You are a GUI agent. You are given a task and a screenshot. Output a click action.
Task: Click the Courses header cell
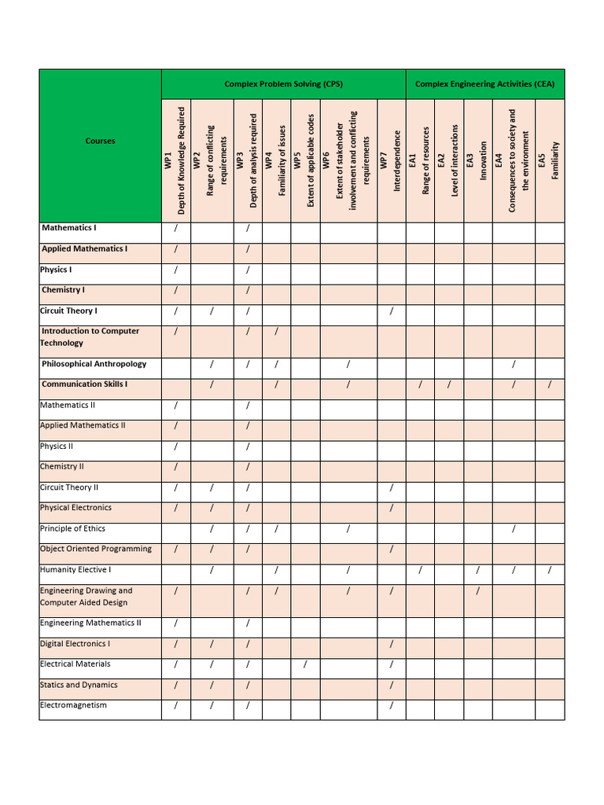click(x=100, y=142)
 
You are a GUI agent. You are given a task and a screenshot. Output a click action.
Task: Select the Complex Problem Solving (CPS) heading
click(x=283, y=84)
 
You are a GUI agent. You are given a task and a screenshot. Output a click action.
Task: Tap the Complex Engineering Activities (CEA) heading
click(x=484, y=84)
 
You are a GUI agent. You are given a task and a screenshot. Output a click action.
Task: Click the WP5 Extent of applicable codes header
click(x=305, y=161)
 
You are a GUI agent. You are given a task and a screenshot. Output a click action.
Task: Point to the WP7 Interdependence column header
click(x=391, y=161)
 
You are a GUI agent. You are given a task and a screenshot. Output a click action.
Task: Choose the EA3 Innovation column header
click(x=477, y=161)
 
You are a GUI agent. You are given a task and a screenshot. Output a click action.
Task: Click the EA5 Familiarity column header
click(x=549, y=161)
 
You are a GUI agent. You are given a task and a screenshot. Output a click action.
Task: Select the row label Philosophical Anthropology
click(x=94, y=365)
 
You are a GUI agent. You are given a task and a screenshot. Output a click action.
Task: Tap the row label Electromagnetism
click(x=73, y=705)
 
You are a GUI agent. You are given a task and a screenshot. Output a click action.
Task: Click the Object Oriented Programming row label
click(x=95, y=549)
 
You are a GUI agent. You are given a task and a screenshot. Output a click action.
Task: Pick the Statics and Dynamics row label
click(x=79, y=685)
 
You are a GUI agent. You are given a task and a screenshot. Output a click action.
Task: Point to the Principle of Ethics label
click(x=72, y=528)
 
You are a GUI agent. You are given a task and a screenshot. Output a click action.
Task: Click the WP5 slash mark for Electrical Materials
click(x=305, y=665)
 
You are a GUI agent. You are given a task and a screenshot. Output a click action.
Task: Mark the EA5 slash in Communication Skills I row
click(x=550, y=384)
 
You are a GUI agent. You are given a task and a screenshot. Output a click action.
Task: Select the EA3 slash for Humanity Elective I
click(x=477, y=570)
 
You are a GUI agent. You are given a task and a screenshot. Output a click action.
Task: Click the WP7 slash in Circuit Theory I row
click(x=391, y=311)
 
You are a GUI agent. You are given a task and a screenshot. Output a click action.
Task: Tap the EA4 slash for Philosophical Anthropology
click(x=514, y=364)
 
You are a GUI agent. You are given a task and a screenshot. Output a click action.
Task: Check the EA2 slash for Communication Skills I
click(x=449, y=384)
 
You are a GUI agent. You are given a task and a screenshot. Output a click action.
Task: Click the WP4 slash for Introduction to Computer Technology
click(x=276, y=331)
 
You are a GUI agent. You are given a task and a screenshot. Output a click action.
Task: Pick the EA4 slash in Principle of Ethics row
click(x=514, y=529)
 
